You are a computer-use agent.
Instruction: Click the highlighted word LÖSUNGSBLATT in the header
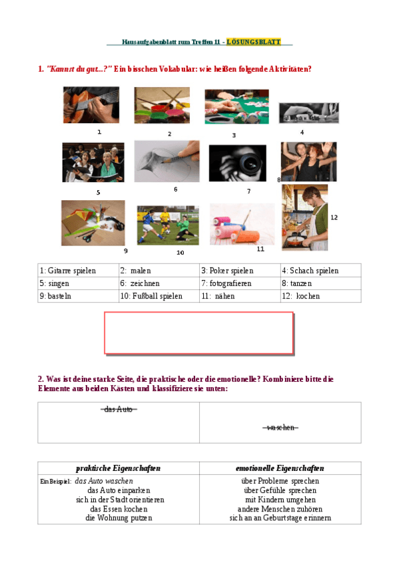tap(253, 42)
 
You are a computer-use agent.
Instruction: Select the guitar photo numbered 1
tap(91, 105)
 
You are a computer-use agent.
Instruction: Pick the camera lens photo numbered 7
tap(237, 163)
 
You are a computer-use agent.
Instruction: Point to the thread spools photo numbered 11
tap(242, 224)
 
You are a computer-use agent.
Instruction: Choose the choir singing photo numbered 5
tap(93, 162)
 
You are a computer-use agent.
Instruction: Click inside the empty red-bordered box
tap(199, 333)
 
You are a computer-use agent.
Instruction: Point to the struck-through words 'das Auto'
tap(119, 409)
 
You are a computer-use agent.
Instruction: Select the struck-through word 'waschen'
tap(280, 427)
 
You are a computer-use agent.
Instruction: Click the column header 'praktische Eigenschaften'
tap(118, 468)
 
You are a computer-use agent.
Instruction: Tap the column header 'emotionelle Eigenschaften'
tap(280, 468)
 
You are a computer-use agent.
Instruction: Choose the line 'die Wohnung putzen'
tap(119, 517)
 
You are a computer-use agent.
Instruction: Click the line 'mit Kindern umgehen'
tap(280, 499)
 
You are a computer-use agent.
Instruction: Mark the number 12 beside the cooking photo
tap(334, 217)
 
